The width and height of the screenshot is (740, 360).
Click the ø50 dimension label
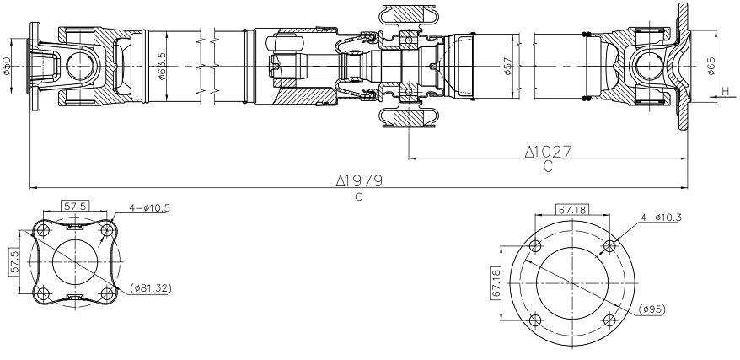click(x=7, y=67)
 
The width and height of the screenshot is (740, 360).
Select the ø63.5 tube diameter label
click(x=161, y=67)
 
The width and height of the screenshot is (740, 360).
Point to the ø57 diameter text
click(x=508, y=67)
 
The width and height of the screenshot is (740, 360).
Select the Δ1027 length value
click(x=548, y=152)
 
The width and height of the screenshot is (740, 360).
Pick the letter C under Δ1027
click(x=548, y=167)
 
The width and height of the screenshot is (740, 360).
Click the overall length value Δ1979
click(x=359, y=180)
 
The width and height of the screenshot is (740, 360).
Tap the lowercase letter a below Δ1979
click(x=359, y=196)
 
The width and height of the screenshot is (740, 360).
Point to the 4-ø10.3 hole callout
click(x=663, y=218)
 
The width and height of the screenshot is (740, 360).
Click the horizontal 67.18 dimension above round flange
click(x=572, y=208)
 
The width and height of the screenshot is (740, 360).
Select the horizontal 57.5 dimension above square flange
click(x=76, y=206)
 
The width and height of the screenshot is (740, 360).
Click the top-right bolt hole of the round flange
click(x=609, y=246)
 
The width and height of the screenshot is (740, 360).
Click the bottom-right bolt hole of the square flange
click(x=105, y=293)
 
